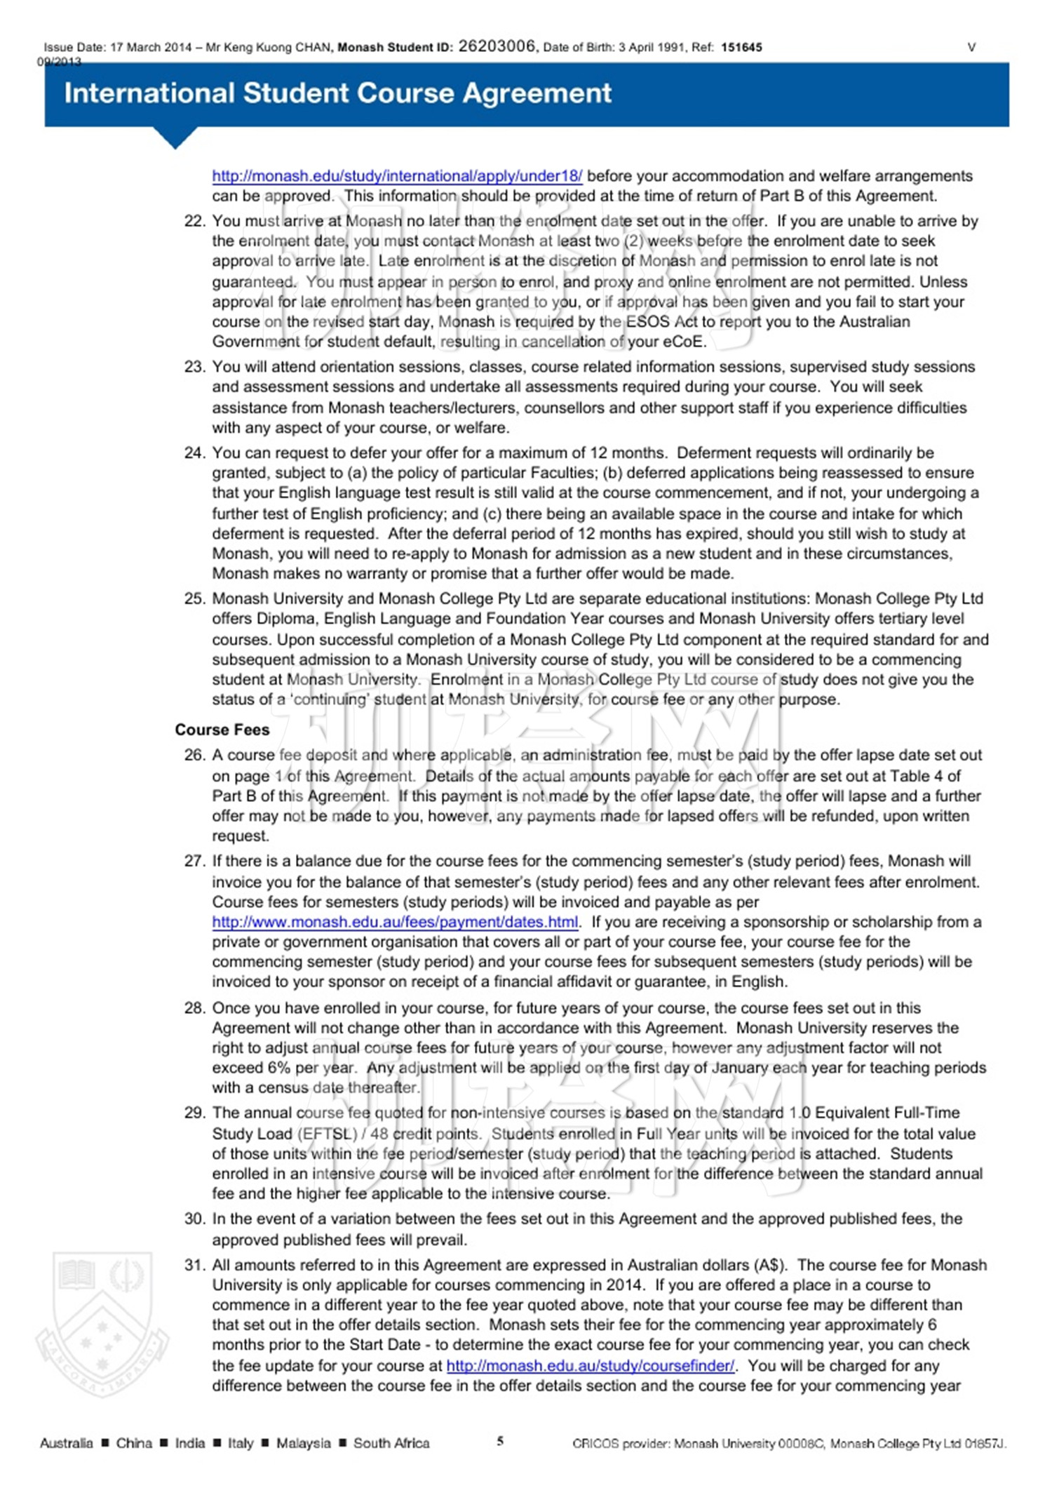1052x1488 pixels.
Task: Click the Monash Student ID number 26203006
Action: point(497,46)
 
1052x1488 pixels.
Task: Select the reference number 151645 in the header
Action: point(741,48)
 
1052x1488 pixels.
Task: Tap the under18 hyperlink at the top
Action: point(397,176)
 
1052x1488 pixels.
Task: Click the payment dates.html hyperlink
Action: point(395,922)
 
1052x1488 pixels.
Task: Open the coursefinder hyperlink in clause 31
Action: point(591,1365)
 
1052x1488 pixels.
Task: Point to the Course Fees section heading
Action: point(222,730)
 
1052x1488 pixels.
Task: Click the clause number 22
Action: point(194,221)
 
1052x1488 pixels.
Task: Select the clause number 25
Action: point(194,598)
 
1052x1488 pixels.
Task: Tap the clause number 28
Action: point(194,1008)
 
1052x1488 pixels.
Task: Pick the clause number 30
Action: point(194,1219)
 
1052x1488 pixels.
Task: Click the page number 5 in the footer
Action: point(500,1441)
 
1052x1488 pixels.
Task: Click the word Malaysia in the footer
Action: point(303,1443)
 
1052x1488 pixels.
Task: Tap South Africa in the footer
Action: point(391,1443)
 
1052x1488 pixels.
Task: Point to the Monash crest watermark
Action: point(102,1322)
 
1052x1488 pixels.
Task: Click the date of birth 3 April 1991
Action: point(652,48)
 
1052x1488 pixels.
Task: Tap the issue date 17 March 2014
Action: point(151,48)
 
